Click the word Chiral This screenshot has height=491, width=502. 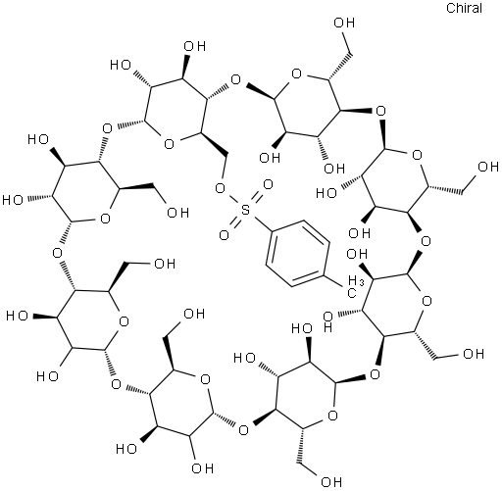point(464,8)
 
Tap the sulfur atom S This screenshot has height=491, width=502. point(245,211)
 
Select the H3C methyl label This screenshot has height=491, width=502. point(354,286)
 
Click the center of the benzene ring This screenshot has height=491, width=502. point(297,254)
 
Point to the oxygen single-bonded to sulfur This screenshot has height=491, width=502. point(221,188)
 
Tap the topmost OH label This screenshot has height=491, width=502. point(344,23)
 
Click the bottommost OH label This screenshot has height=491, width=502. point(331,481)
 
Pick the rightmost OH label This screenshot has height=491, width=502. point(488,167)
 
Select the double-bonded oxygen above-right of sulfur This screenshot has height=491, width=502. point(268,185)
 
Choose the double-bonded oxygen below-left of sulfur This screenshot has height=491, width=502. point(224,235)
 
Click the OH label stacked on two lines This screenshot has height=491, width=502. point(327,321)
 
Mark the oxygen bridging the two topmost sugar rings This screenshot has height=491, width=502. point(235,79)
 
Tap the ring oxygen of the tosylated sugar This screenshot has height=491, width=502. point(169,144)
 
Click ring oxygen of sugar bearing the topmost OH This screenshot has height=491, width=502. point(296,74)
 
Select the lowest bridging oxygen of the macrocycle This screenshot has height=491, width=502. point(243,430)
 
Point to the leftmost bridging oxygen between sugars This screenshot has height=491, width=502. point(58,253)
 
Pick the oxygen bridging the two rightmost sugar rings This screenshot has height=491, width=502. point(427,241)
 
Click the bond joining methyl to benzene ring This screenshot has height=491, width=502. point(333,281)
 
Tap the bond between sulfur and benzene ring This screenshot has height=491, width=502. point(262,223)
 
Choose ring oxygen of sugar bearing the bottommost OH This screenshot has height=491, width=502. point(332,416)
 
